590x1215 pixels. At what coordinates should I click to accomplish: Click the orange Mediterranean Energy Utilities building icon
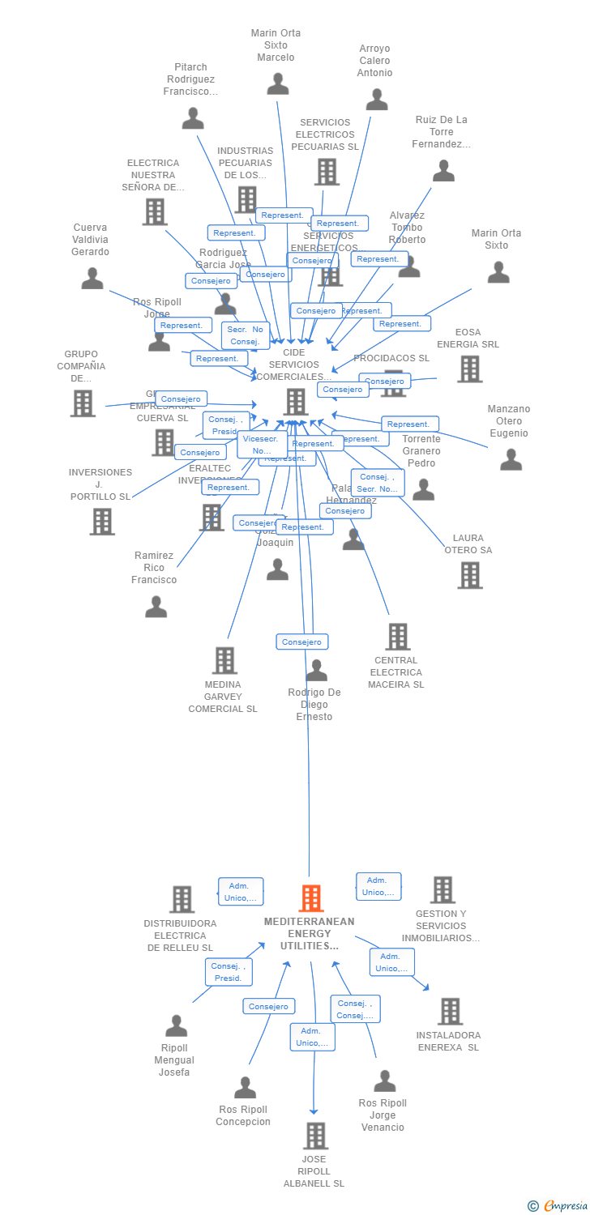point(311,898)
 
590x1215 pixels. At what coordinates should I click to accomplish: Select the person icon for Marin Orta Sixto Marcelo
point(278,84)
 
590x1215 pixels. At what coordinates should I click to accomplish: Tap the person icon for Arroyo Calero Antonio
point(377,100)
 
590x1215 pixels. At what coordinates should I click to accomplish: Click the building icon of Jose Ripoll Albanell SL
point(316,1136)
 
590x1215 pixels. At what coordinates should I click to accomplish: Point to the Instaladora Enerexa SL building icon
point(450,1011)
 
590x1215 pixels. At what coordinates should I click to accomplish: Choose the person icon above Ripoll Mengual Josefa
point(176,1026)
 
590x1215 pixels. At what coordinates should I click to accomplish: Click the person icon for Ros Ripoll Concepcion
point(245,1087)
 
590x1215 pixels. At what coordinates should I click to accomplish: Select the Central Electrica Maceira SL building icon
point(397,637)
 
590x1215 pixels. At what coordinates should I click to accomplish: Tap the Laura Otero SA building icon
point(469,575)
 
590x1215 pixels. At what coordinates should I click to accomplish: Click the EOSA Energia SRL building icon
point(469,369)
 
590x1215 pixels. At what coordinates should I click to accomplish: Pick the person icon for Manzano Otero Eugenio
point(511,459)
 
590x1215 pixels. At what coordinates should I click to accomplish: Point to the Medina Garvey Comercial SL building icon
point(224,660)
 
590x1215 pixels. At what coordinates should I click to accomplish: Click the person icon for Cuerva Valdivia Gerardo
point(92,279)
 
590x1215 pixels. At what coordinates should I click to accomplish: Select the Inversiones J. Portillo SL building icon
point(102,522)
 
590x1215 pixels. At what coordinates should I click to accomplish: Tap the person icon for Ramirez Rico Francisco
point(156,607)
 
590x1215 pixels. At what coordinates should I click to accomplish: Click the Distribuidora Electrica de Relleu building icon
point(182,899)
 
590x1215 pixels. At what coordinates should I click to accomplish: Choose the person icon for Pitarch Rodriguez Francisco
point(193,118)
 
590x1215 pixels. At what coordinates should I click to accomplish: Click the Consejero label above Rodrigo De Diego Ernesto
point(301,642)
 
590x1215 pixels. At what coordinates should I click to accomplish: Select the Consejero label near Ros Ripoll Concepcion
point(268,1006)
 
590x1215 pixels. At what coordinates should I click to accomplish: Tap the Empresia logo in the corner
point(559,1206)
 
